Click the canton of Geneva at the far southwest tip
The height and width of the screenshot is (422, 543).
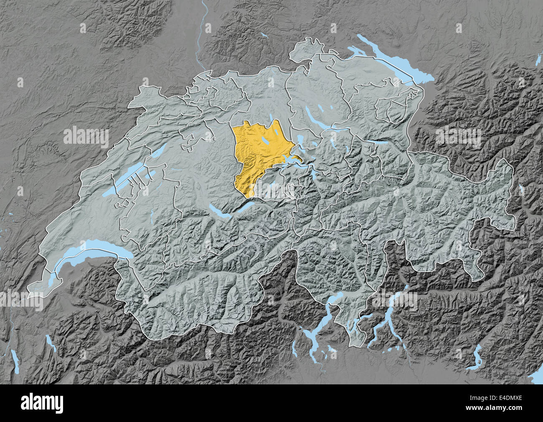38,288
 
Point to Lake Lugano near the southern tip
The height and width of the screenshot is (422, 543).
359,324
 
